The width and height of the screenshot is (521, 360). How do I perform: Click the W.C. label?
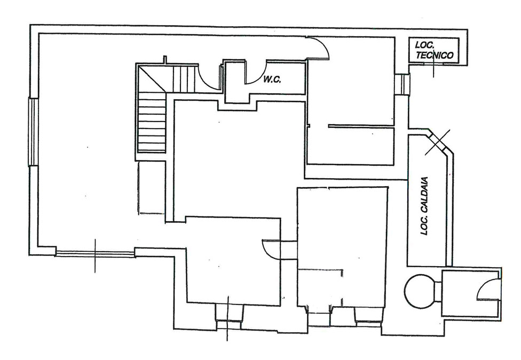[272, 79]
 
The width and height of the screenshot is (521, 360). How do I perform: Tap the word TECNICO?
[435, 55]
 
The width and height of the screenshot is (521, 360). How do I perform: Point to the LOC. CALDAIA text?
[424, 206]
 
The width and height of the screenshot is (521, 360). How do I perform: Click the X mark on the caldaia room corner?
[438, 142]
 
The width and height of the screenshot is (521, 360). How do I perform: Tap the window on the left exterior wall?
[34, 132]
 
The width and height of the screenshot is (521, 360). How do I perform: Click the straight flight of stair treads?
[152, 122]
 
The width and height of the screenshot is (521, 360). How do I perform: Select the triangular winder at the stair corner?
[152, 78]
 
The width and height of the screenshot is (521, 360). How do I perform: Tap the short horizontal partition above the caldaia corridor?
[361, 126]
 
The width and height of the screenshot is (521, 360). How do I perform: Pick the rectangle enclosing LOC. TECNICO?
[433, 50]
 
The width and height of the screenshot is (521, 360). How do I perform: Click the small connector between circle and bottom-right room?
[438, 292]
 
